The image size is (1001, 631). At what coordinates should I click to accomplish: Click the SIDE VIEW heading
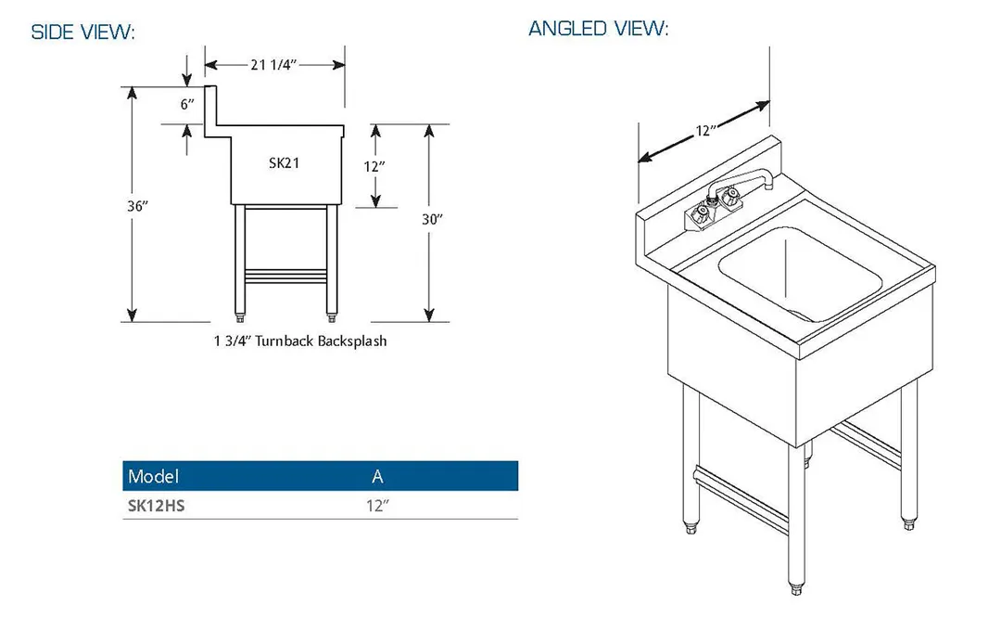pos(83,32)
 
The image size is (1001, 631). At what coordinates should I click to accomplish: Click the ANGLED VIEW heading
pos(598,28)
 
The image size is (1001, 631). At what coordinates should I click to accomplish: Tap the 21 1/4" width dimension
pos(273,65)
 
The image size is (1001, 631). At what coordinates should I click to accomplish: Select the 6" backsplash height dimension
pos(187,104)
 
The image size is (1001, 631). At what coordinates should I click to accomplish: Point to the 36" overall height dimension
pos(137,206)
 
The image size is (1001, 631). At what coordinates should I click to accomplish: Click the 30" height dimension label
pos(432,219)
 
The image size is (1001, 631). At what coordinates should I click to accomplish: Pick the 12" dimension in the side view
pos(374,167)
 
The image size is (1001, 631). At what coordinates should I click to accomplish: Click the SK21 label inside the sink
pos(285,163)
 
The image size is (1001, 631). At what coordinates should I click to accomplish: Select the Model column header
pos(153,476)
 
